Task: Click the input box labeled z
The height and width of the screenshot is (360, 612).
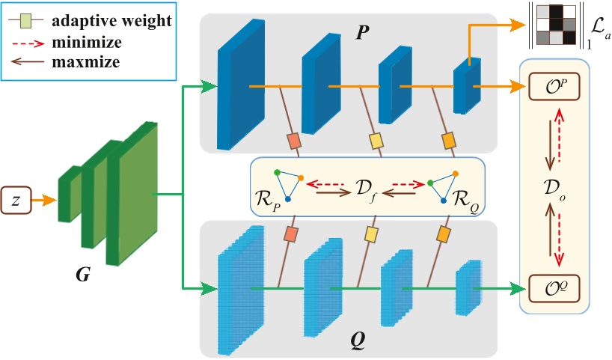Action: pos(16,201)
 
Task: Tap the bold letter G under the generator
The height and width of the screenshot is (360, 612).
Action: pos(83,275)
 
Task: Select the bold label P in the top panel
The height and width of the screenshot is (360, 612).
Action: pos(362,32)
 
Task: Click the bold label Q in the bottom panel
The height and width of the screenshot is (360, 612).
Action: pos(358,341)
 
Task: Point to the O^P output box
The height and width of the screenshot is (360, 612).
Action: pos(554,86)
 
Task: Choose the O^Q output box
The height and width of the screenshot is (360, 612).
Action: pos(554,289)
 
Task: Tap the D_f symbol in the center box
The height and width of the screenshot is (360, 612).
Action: pos(366,189)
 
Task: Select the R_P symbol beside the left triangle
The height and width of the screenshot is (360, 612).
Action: pos(267,201)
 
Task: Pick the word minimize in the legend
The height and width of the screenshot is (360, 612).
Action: pos(87,42)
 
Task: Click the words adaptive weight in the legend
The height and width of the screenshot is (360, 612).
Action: pos(111,20)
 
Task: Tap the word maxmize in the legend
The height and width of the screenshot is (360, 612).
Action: pos(86,61)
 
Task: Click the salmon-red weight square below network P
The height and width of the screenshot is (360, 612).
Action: pos(293,141)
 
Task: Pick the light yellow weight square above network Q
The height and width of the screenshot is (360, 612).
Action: pos(371,234)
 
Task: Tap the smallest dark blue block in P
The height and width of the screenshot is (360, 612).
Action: pos(467,86)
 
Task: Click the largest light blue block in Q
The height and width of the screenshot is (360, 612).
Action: pos(241,290)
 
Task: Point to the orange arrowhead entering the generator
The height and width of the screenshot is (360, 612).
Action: pos(50,201)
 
